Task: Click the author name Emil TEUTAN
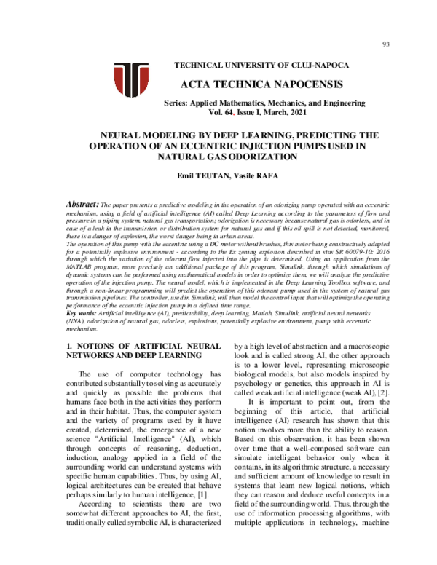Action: [x=195, y=175]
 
